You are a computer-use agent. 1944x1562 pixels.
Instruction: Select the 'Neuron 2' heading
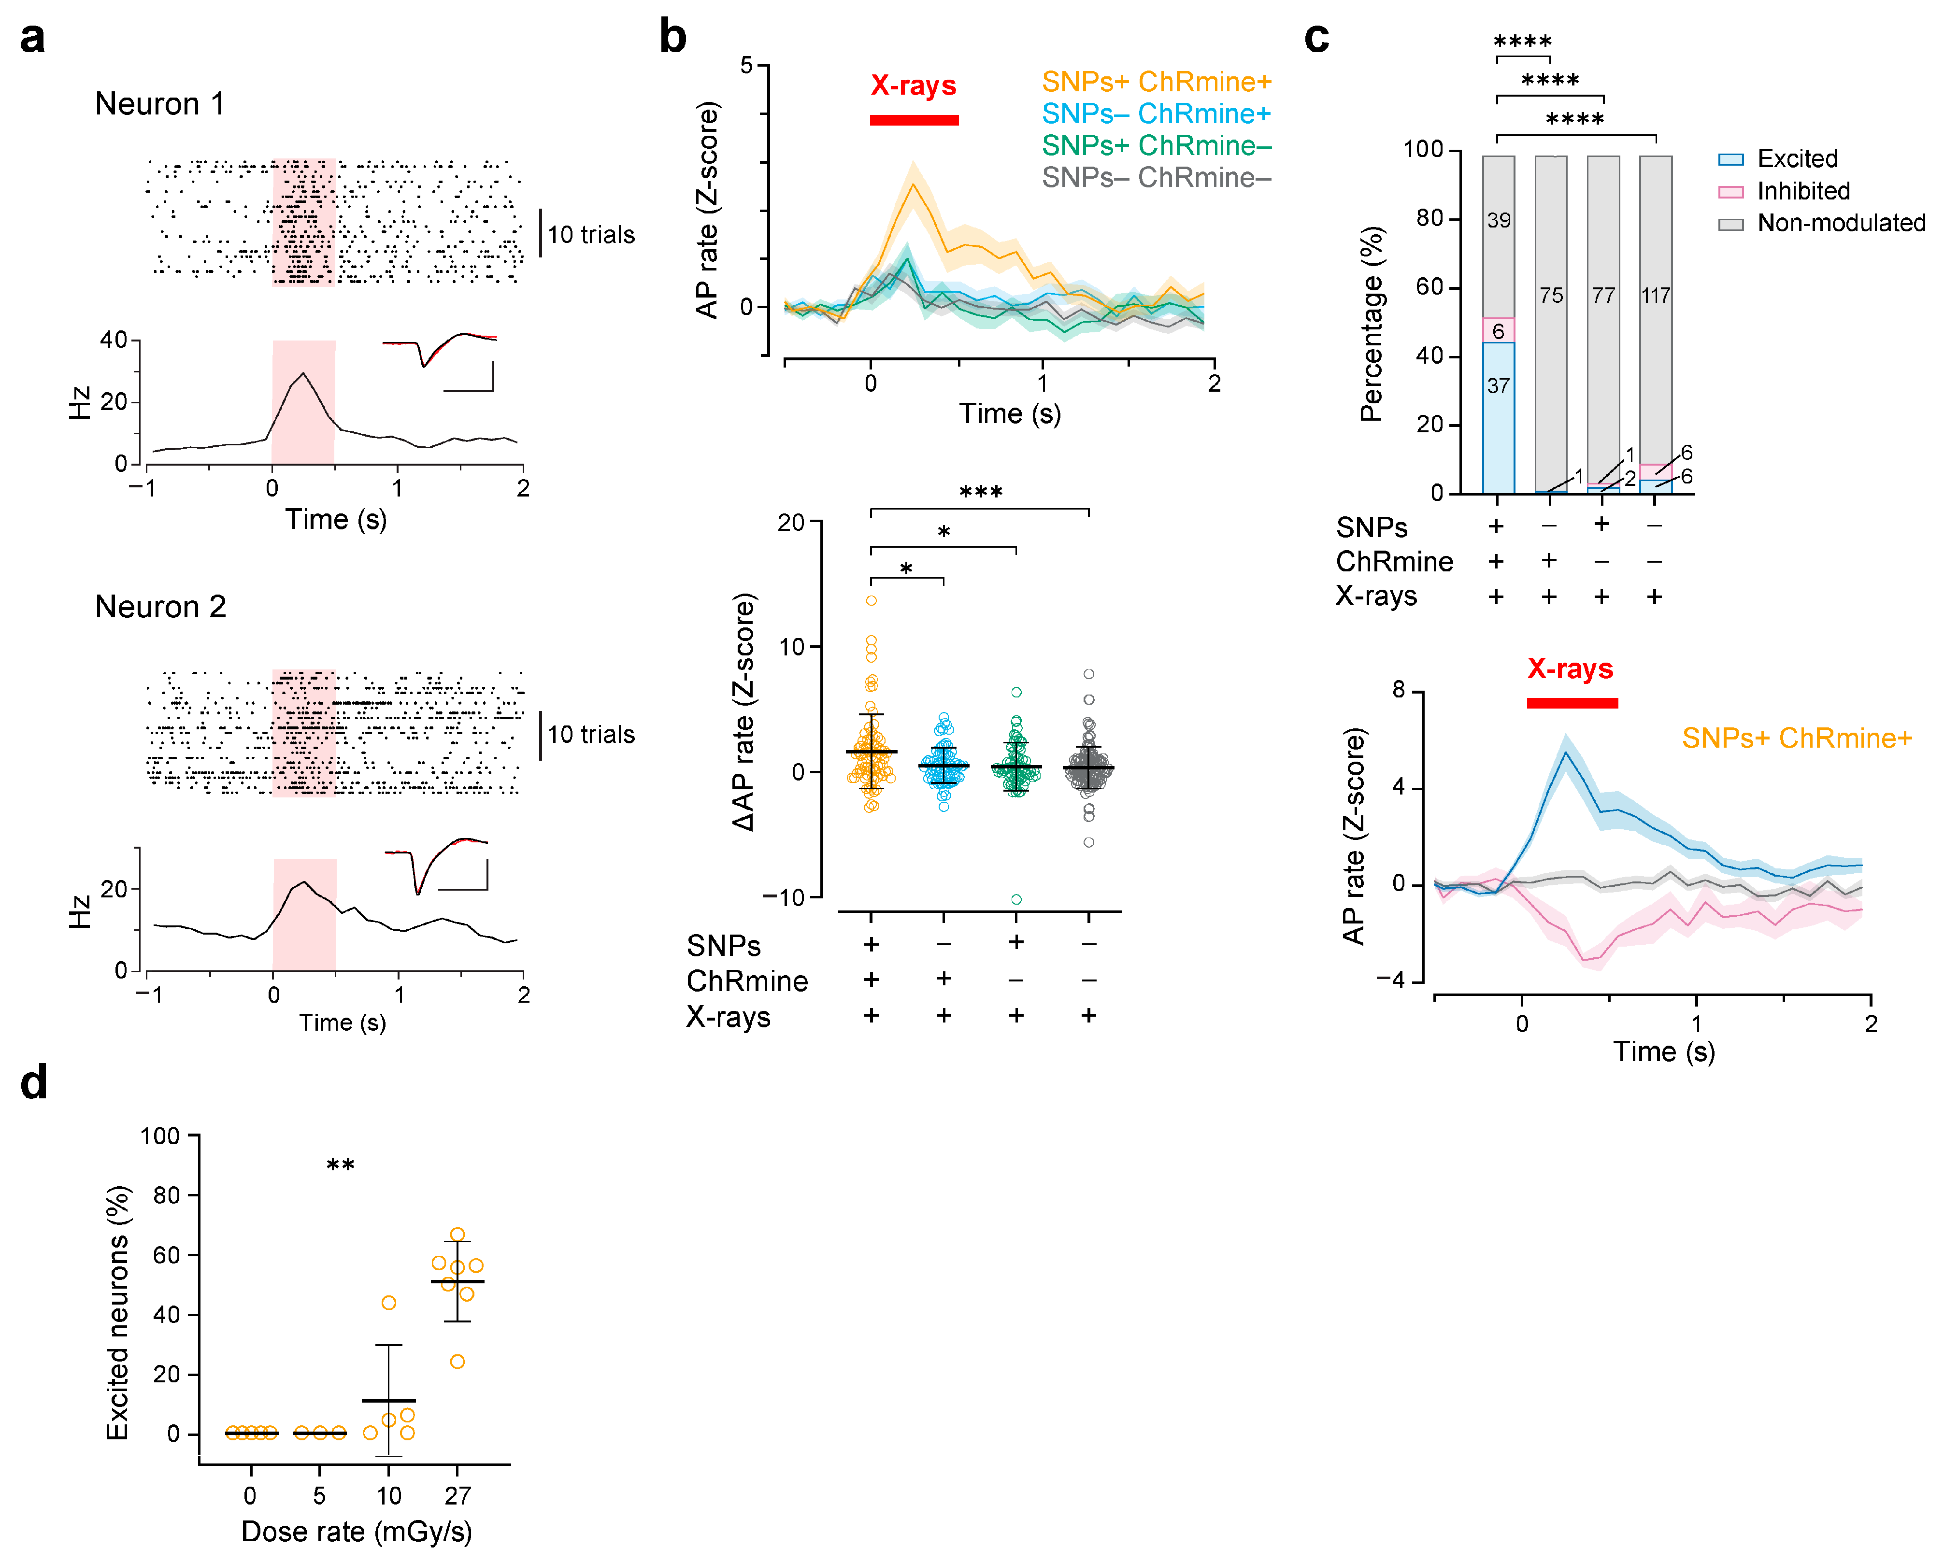point(160,607)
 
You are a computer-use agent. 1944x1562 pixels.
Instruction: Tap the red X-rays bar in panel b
point(914,120)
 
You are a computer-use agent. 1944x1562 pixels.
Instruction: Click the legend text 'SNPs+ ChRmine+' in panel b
point(1156,82)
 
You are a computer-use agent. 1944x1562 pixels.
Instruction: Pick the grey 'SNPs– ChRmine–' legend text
point(1156,178)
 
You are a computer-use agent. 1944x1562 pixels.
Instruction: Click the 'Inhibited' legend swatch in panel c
point(1730,192)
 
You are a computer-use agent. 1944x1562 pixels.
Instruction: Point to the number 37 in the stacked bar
point(1498,386)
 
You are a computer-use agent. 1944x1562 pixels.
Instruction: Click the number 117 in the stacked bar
point(1656,296)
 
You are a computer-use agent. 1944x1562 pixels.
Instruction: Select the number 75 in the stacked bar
point(1551,296)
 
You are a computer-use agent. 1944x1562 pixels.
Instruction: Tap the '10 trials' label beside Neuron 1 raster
point(591,235)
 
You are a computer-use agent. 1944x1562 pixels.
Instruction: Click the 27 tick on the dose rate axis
point(457,1496)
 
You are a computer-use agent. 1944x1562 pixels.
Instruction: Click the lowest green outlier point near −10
point(1016,899)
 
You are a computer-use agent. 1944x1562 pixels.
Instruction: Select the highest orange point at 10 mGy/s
point(388,1303)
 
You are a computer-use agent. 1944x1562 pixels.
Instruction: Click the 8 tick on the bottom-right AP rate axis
point(1399,690)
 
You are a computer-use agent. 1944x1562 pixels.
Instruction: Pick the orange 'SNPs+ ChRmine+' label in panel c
point(1796,738)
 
